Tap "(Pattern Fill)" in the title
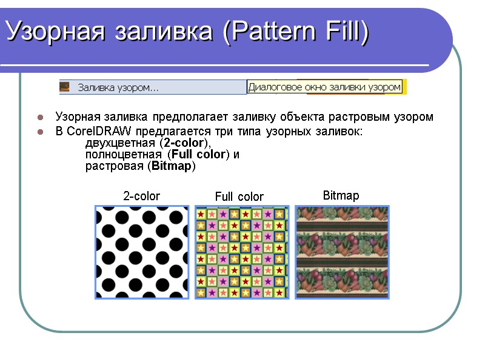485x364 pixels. [x=295, y=31]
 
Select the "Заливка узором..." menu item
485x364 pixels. [x=118, y=88]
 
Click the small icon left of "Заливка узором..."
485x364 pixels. [x=65, y=87]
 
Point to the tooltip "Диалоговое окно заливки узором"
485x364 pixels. [x=325, y=87]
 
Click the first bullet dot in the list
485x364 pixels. [x=40, y=116]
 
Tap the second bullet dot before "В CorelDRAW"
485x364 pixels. [x=40, y=131]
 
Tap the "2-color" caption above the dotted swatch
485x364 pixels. [x=141, y=196]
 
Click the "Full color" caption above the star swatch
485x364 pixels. [x=239, y=197]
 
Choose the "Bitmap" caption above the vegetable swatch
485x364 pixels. [x=341, y=195]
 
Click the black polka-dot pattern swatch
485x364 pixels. [x=142, y=252]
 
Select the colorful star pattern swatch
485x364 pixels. [x=240, y=252]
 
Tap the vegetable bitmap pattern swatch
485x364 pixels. [x=342, y=252]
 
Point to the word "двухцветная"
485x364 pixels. [x=120, y=143]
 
